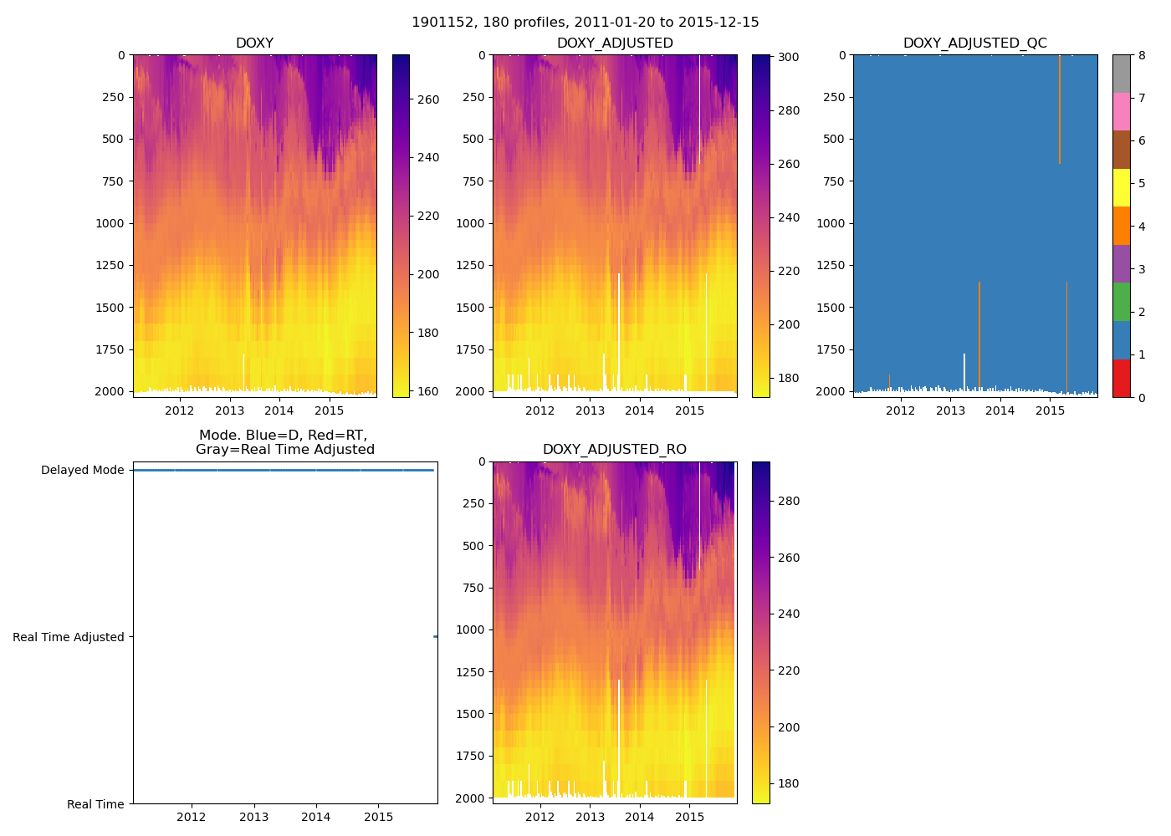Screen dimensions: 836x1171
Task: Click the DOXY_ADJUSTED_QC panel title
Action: (974, 43)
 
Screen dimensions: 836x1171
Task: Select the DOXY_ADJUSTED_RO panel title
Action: (614, 450)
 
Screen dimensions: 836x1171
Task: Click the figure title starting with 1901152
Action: (585, 23)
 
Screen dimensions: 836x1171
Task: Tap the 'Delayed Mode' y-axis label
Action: (82, 471)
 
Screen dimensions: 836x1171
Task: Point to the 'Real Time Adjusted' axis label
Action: (69, 637)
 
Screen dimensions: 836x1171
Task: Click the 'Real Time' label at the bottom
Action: (95, 804)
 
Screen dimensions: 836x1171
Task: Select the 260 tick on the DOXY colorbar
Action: (428, 99)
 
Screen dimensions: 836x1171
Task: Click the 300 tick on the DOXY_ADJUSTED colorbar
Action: (788, 57)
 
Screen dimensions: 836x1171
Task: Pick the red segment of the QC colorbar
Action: (1121, 378)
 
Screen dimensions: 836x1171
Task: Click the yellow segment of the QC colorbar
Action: (1121, 187)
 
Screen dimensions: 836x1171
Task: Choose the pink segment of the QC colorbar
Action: (1121, 111)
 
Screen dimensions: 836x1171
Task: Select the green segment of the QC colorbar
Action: (1121, 302)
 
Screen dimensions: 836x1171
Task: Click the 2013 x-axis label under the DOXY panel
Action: (229, 410)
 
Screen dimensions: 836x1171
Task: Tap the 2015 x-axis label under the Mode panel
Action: (379, 817)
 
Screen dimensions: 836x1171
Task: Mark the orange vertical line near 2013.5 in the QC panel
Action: (979, 334)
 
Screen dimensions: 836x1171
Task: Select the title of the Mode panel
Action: (284, 442)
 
